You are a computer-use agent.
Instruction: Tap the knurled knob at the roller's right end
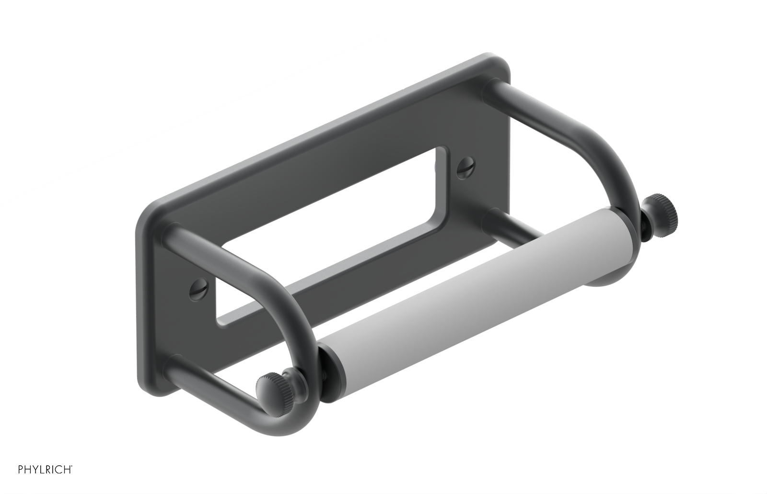(x=662, y=209)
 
